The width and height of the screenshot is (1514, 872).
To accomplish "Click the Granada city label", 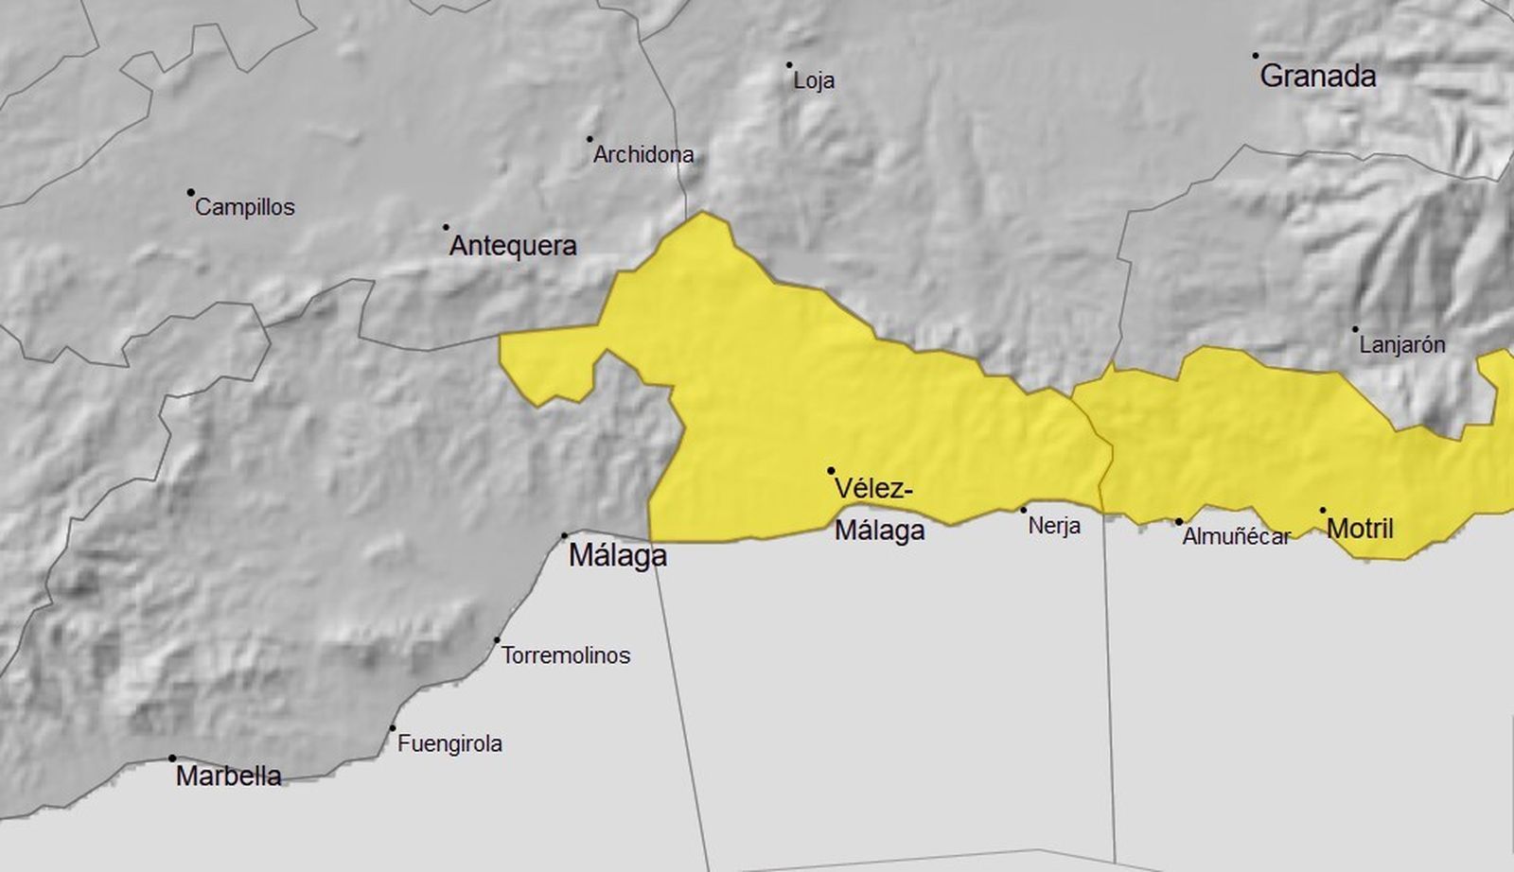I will (x=1317, y=76).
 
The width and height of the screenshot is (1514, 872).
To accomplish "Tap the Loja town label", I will (x=814, y=81).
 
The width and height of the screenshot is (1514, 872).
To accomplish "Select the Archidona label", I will (x=643, y=154).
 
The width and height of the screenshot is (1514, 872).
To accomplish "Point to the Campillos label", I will (x=245, y=207).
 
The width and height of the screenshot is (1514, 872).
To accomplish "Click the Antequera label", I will (x=513, y=246).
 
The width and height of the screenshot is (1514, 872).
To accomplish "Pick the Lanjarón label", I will (x=1402, y=345).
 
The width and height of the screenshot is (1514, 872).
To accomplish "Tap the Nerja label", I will (x=1054, y=525).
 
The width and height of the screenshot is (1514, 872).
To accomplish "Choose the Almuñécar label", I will (x=1237, y=537).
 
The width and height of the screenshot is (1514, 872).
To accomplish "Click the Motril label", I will (x=1360, y=529).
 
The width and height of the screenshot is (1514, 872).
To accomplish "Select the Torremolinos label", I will (x=566, y=655).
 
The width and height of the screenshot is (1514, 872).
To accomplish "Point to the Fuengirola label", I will (x=449, y=744).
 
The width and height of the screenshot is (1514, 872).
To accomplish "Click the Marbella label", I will (x=229, y=776).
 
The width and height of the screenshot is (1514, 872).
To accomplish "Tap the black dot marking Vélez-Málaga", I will (x=831, y=470).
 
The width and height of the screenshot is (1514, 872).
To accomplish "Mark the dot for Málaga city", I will (x=565, y=535).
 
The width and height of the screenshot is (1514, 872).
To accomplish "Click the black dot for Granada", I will (x=1256, y=56).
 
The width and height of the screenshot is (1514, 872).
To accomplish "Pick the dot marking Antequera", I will (x=446, y=227).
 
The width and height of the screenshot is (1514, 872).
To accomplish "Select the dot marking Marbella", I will (x=172, y=758).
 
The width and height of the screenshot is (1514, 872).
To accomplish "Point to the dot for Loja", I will (x=789, y=65).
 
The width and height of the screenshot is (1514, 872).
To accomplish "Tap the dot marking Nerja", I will (x=1023, y=510).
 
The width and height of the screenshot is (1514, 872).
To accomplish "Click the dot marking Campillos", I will (x=190, y=192).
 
